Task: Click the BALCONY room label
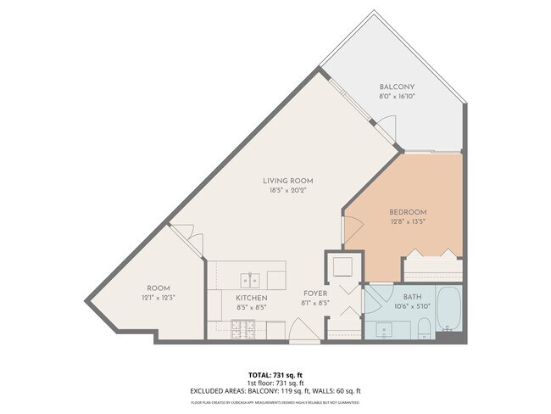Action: point(396,87)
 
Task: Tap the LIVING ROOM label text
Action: point(287,181)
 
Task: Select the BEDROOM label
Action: point(408,212)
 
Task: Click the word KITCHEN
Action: point(251,299)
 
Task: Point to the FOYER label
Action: point(315,294)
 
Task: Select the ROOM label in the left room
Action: point(159,288)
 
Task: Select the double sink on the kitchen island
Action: point(250,278)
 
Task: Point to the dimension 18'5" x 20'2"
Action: point(287,190)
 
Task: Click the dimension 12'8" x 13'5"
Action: point(408,221)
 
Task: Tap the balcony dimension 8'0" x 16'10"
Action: point(396,97)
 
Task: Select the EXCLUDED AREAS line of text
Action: point(275,390)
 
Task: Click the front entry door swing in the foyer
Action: point(301,332)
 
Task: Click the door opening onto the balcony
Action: point(386,128)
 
